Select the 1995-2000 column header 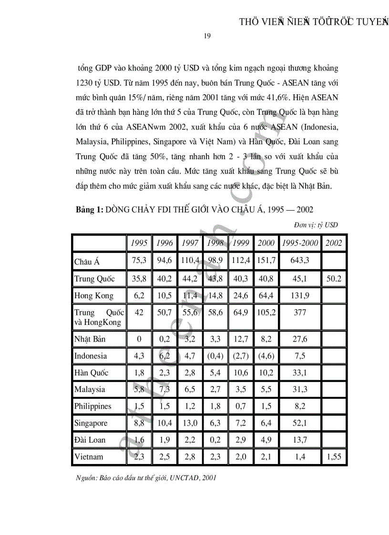coord(300,242)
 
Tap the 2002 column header coord(334,242)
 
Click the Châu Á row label coord(87,262)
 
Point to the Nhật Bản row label coord(90,339)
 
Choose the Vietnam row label coord(89,456)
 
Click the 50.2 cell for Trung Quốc coord(334,278)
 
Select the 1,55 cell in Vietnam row coord(334,456)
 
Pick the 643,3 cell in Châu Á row coord(300,261)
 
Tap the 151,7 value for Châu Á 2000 coord(266,261)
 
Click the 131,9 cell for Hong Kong coord(300,295)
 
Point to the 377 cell coord(300,313)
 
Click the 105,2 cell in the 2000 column coord(266,313)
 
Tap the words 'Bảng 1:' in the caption coord(89,210)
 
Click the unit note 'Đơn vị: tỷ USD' coord(316,225)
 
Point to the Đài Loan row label coord(90,440)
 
